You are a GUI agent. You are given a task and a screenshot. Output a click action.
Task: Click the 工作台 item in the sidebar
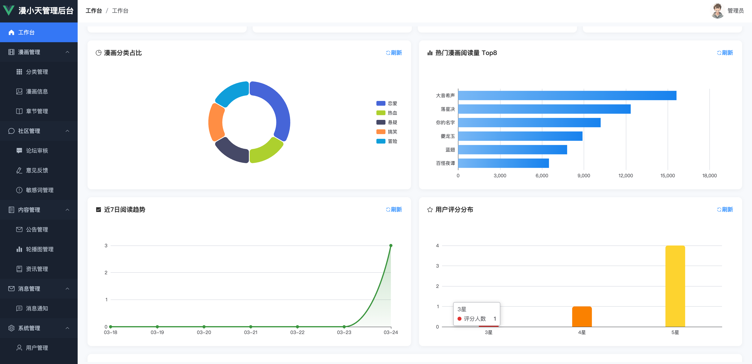[39, 32]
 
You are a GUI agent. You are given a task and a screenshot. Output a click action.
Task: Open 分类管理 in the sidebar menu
[37, 72]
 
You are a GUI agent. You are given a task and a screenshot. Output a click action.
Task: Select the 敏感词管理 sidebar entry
[40, 190]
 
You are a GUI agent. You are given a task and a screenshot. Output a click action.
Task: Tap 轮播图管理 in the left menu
[40, 249]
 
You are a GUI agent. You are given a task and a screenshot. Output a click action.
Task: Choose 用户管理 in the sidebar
[37, 348]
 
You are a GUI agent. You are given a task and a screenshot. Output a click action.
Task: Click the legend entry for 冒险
[387, 141]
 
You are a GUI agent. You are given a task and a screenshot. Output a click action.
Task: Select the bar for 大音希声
[567, 95]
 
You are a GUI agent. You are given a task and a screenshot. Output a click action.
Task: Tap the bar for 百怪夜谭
[504, 163]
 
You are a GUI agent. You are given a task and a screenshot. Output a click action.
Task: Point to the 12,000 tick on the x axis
[626, 175]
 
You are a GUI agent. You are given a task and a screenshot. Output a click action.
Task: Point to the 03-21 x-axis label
[251, 332]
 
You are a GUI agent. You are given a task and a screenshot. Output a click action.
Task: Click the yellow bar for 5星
[675, 286]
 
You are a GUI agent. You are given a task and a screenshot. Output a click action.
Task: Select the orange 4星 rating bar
[582, 317]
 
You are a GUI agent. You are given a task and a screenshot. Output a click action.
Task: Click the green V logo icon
[8, 10]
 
